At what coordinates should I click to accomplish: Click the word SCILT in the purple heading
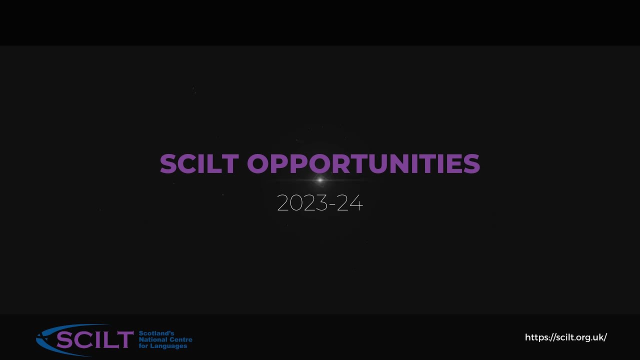[198, 164]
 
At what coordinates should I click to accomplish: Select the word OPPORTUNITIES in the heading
[363, 164]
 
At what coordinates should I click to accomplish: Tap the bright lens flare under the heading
[320, 180]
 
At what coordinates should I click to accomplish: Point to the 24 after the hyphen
[349, 203]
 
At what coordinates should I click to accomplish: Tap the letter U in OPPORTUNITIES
[384, 164]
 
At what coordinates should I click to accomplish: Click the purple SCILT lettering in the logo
[94, 340]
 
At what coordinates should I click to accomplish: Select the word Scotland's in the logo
[156, 333]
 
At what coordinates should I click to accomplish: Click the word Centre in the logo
[181, 340]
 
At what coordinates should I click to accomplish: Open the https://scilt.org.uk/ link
[565, 337]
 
